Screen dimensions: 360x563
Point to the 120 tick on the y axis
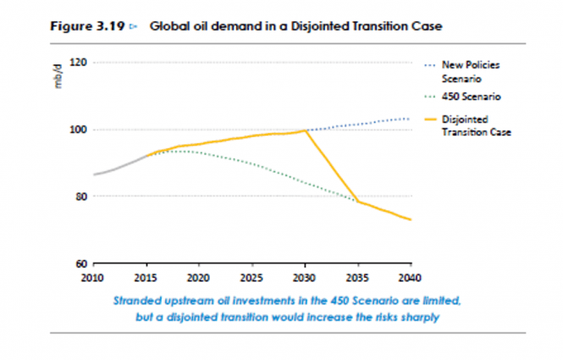pos(80,63)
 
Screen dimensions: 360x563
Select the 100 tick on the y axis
pos(80,130)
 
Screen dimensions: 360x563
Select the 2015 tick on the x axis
pos(145,277)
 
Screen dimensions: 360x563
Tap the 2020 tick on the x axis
pos(198,277)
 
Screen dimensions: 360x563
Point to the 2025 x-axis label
pos(251,277)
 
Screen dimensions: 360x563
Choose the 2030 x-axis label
pos(304,277)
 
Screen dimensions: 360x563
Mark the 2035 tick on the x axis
pos(357,277)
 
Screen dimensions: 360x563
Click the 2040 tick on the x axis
pos(410,277)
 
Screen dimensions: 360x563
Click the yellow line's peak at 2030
pos(305,130)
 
